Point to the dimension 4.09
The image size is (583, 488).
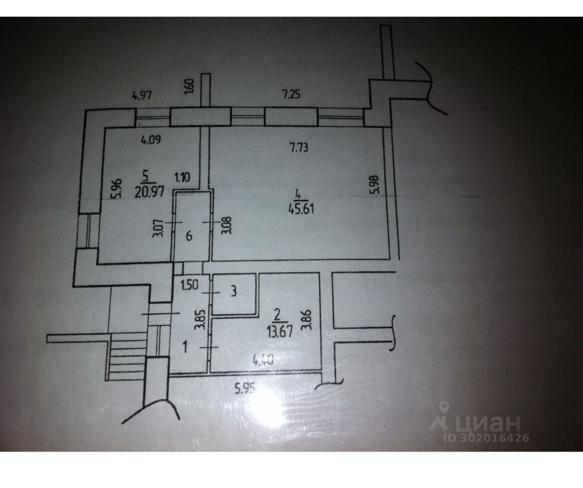(150, 141)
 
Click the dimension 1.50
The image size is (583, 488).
(189, 287)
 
